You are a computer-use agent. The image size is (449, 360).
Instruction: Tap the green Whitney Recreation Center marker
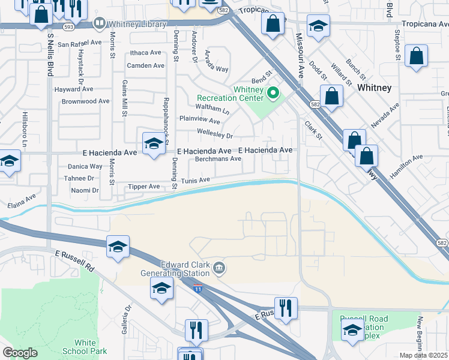point(273,93)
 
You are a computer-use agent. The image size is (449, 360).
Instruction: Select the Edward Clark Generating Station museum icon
point(220,268)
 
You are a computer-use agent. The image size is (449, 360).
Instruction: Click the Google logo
point(20,353)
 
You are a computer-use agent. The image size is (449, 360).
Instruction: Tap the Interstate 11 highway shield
point(199,289)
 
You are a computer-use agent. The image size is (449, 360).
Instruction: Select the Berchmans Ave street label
point(218,159)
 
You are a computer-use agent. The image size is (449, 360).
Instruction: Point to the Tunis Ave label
point(196,180)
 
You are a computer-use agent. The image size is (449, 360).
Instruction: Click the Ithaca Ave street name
point(146,53)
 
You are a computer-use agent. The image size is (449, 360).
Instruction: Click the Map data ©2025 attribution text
point(424,355)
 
